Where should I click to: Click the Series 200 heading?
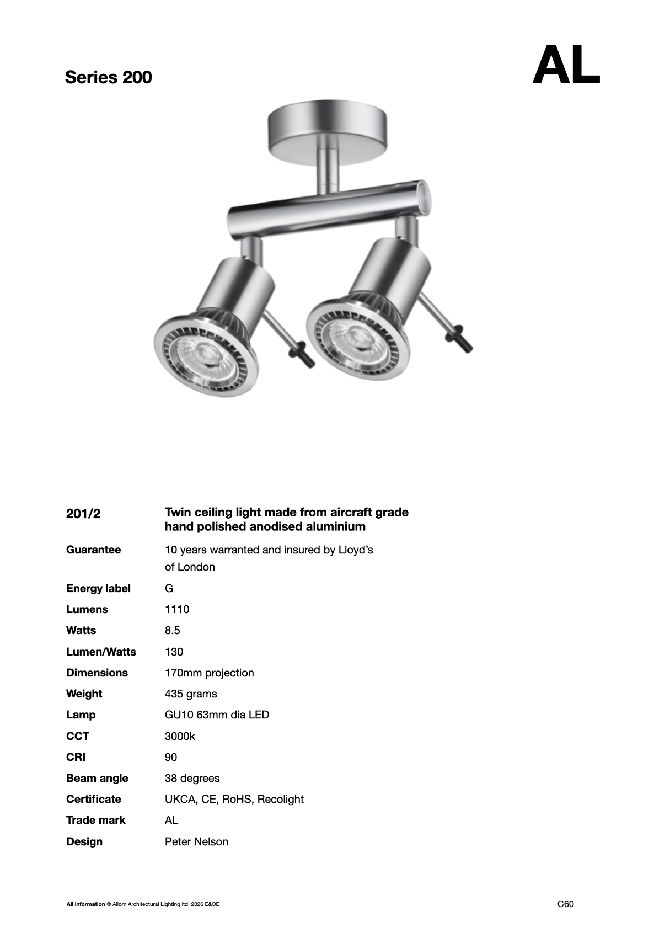coord(108,77)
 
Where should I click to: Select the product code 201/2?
coord(83,514)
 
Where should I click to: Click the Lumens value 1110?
coord(176,609)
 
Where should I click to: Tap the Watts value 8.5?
coord(172,630)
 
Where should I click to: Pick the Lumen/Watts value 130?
coord(174,652)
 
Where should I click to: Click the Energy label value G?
coord(169,588)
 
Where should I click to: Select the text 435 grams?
coord(191,694)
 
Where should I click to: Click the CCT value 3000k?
coord(180,736)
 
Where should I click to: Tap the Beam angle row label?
coord(97,778)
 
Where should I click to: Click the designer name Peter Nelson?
coord(196,841)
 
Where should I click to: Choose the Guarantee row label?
coord(93,550)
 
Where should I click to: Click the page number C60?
coord(566,904)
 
